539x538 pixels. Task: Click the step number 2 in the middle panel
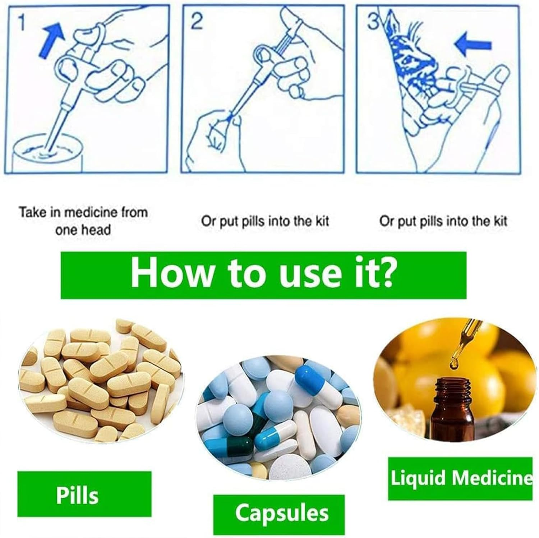(x=197, y=22)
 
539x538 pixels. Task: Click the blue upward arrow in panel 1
(x=52, y=41)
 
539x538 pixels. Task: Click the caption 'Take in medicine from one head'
(x=83, y=221)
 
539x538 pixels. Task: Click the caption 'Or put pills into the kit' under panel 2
(x=265, y=221)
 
